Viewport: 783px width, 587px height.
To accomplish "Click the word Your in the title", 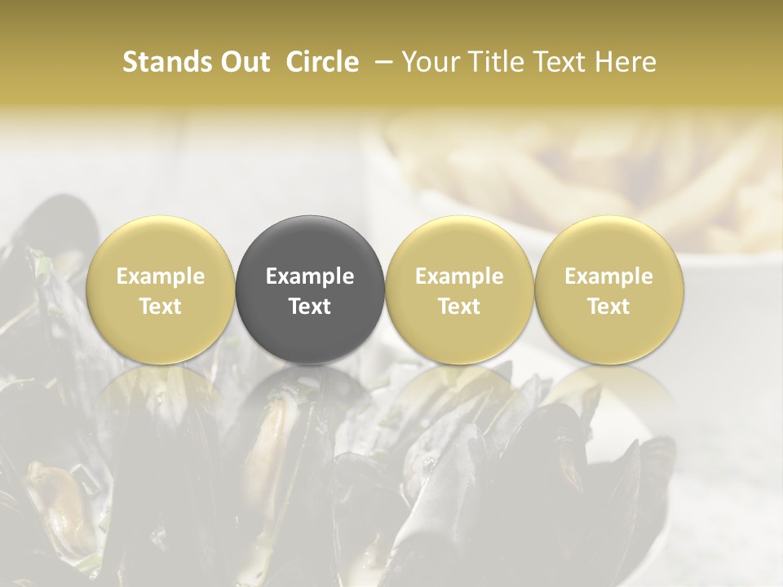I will (427, 62).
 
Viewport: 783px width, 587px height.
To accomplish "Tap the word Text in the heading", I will (558, 62).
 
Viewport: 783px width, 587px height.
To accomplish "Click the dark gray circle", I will (310, 289).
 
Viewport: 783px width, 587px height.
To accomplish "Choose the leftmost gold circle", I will (161, 289).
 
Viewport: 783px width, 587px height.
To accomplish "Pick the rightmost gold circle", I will (608, 289).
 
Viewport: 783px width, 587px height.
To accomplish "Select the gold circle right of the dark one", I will (459, 289).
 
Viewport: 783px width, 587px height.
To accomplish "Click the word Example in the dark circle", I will (310, 276).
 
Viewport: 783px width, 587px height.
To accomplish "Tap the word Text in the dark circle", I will (310, 307).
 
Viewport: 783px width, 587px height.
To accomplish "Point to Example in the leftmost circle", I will (161, 276).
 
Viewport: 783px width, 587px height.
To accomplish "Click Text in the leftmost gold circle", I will (161, 307).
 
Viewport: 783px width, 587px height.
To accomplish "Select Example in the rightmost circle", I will (608, 276).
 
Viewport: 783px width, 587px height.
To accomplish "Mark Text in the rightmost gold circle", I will (608, 307).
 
